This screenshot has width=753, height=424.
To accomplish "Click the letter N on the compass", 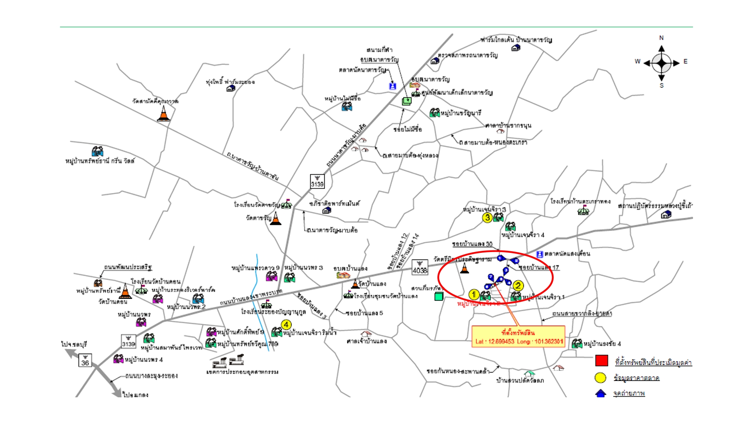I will [661, 38].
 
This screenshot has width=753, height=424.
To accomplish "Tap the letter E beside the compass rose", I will [685, 62].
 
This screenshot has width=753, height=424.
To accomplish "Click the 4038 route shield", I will [420, 267].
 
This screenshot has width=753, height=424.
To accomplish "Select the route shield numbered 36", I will [85, 360].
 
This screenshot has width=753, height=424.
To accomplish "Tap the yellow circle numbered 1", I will [474, 294].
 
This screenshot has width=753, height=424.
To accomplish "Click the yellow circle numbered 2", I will [518, 286].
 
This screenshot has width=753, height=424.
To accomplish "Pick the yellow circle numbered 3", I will [487, 217].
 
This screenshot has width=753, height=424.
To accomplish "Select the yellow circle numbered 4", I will [286, 325].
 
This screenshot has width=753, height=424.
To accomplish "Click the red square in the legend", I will [602, 360].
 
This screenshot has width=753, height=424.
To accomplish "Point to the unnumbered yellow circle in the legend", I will [600, 378].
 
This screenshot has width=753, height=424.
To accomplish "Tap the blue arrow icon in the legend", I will [600, 393].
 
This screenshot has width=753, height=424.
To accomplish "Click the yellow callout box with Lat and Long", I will [518, 337].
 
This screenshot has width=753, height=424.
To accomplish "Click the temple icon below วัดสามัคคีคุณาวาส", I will [164, 114].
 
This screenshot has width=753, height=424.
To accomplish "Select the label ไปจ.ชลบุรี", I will [74, 344].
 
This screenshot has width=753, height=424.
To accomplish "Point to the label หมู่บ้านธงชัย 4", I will [602, 344].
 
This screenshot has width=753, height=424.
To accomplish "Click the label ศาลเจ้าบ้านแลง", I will [367, 341].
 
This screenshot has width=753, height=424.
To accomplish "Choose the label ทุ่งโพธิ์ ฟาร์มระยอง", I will [230, 82].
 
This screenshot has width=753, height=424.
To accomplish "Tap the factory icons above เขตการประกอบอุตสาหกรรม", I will [228, 362].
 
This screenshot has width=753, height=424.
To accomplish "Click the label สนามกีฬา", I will [379, 50].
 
